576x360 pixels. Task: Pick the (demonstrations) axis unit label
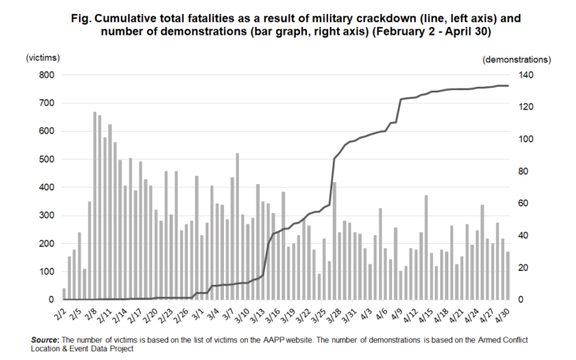pyautogui.click(x=516, y=59)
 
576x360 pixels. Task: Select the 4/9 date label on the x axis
pyautogui.click(x=398, y=313)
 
